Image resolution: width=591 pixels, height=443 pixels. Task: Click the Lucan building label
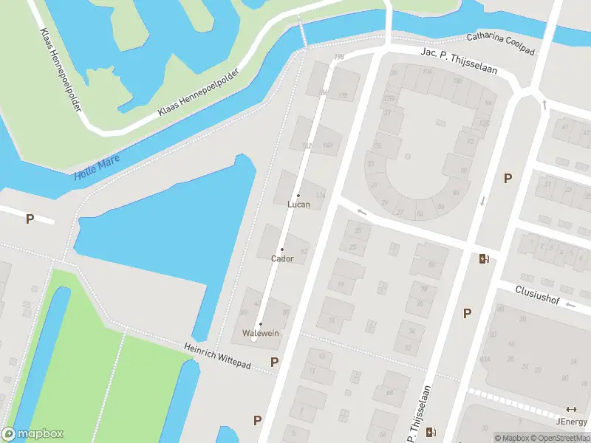pyautogui.click(x=298, y=204)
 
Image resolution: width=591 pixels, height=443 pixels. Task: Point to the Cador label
pyautogui.click(x=282, y=258)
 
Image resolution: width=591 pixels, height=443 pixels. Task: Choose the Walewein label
pyautogui.click(x=261, y=333)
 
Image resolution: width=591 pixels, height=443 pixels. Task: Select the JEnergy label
pyautogui.click(x=570, y=422)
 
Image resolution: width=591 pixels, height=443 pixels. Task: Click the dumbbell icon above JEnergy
pyautogui.click(x=570, y=409)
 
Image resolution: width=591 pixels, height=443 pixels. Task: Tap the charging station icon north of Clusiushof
pyautogui.click(x=484, y=258)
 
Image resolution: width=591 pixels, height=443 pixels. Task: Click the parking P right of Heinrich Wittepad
pyautogui.click(x=275, y=362)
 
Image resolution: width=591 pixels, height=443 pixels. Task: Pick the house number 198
pyautogui.click(x=339, y=57)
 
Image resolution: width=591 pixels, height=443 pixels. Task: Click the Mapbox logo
pyautogui.click(x=33, y=434)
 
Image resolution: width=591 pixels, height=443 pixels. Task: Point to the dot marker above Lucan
pyautogui.click(x=298, y=195)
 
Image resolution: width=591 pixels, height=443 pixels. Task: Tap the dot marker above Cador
pyautogui.click(x=281, y=250)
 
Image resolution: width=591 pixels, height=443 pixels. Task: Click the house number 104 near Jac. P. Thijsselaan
pyautogui.click(x=427, y=72)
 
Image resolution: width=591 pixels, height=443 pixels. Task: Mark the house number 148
pyautogui.click(x=327, y=145)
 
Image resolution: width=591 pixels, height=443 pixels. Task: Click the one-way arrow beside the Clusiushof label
pyautogui.click(x=544, y=105)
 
